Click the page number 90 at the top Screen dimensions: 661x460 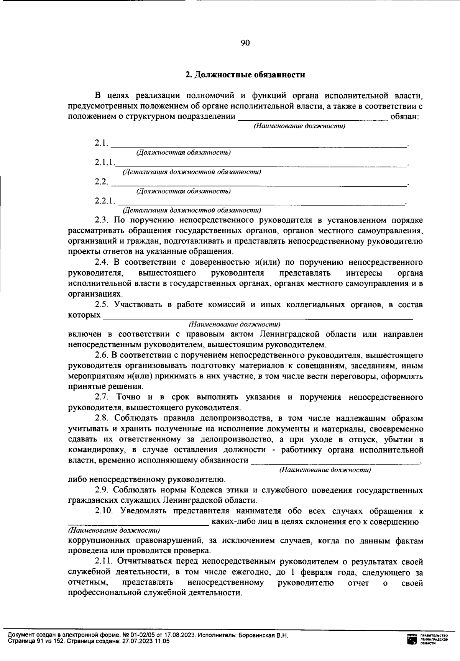pyautogui.click(x=245, y=43)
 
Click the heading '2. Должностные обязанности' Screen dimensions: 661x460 pyautogui.click(x=245, y=75)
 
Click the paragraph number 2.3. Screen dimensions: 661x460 pyautogui.click(x=102, y=220)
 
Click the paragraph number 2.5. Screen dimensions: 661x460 pyautogui.click(x=102, y=305)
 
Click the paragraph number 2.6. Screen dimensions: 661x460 pyautogui.click(x=102, y=355)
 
